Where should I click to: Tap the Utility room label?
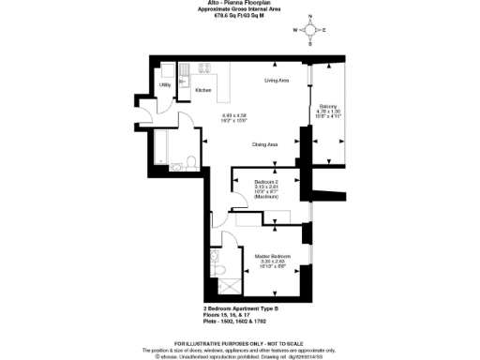pos(165,86)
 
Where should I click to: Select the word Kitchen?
pos(202,90)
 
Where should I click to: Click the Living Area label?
pos(276,82)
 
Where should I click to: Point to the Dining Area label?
pos(265,144)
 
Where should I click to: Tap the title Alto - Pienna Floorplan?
pos(241,5)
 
